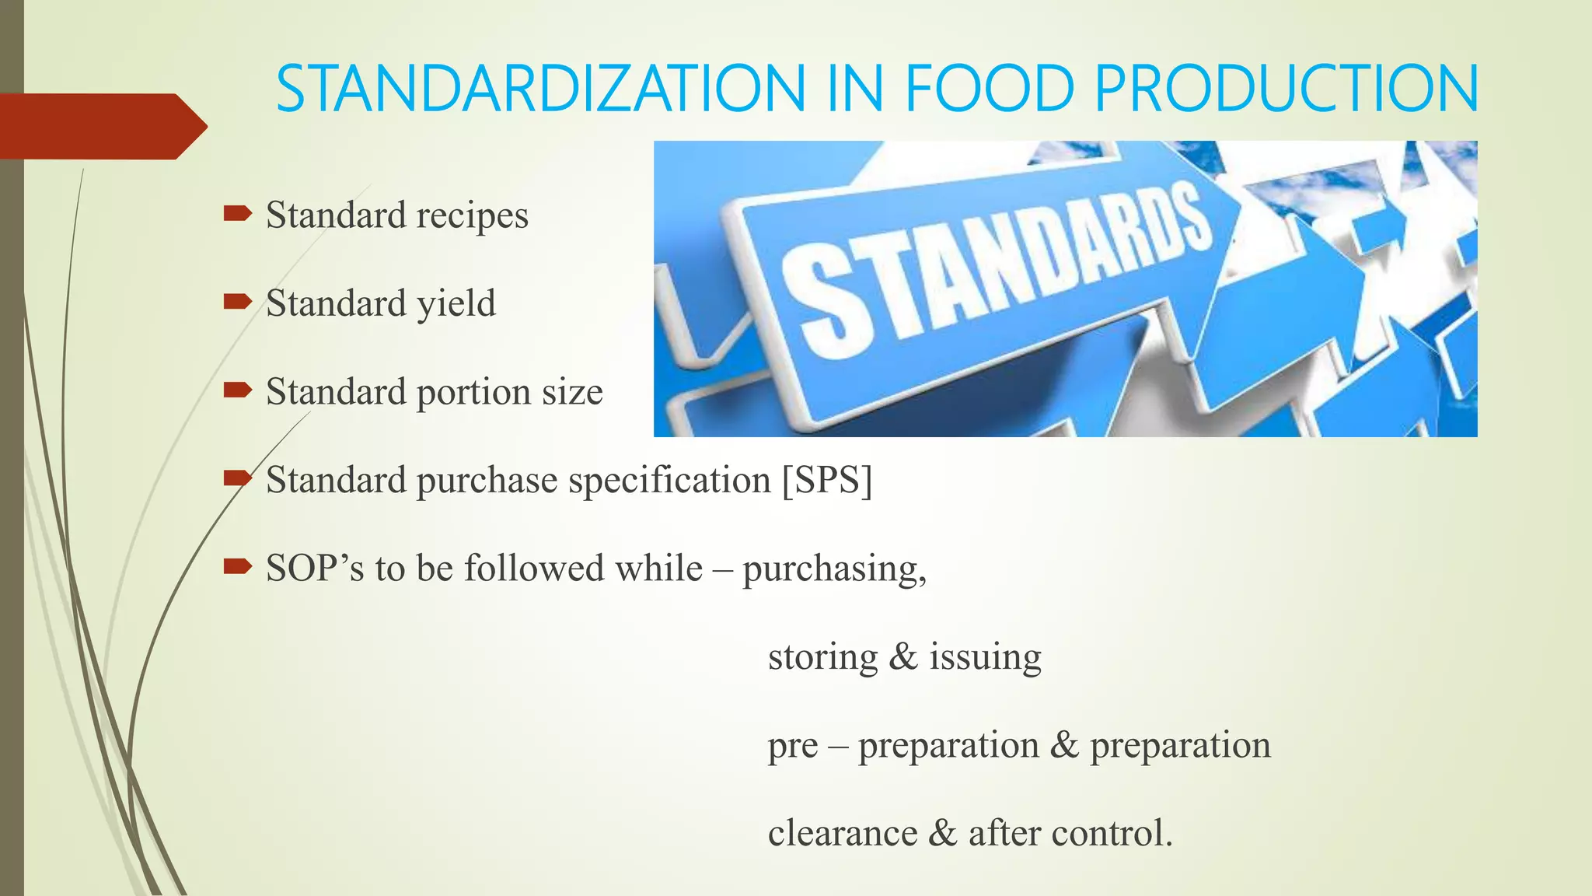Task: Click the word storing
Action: (x=822, y=658)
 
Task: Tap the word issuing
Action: (x=985, y=658)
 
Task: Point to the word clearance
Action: (x=842, y=833)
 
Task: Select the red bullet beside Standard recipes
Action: (x=237, y=212)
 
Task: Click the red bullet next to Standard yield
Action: (x=237, y=301)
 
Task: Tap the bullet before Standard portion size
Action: (x=237, y=389)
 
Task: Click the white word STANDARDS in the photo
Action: (x=995, y=268)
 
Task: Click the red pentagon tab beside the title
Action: (x=101, y=126)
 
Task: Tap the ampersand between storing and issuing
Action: (x=902, y=657)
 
